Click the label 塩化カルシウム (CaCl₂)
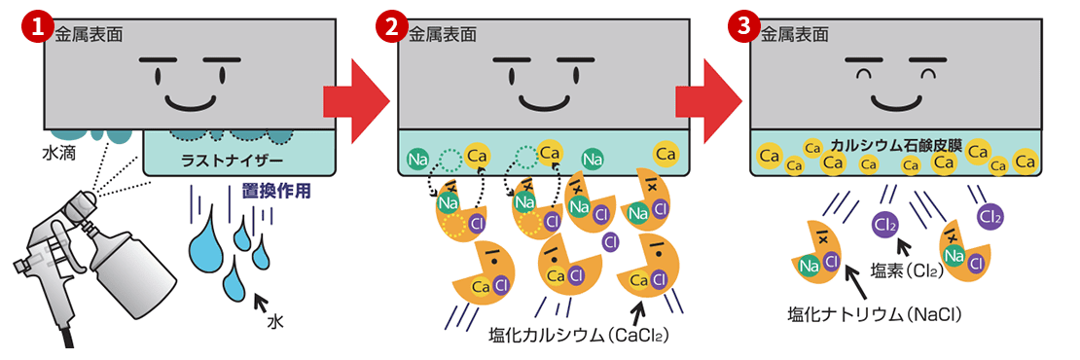580,337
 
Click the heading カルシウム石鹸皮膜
896,146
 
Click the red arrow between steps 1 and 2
355,97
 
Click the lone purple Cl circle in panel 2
611,241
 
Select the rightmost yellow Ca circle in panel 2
666,154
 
